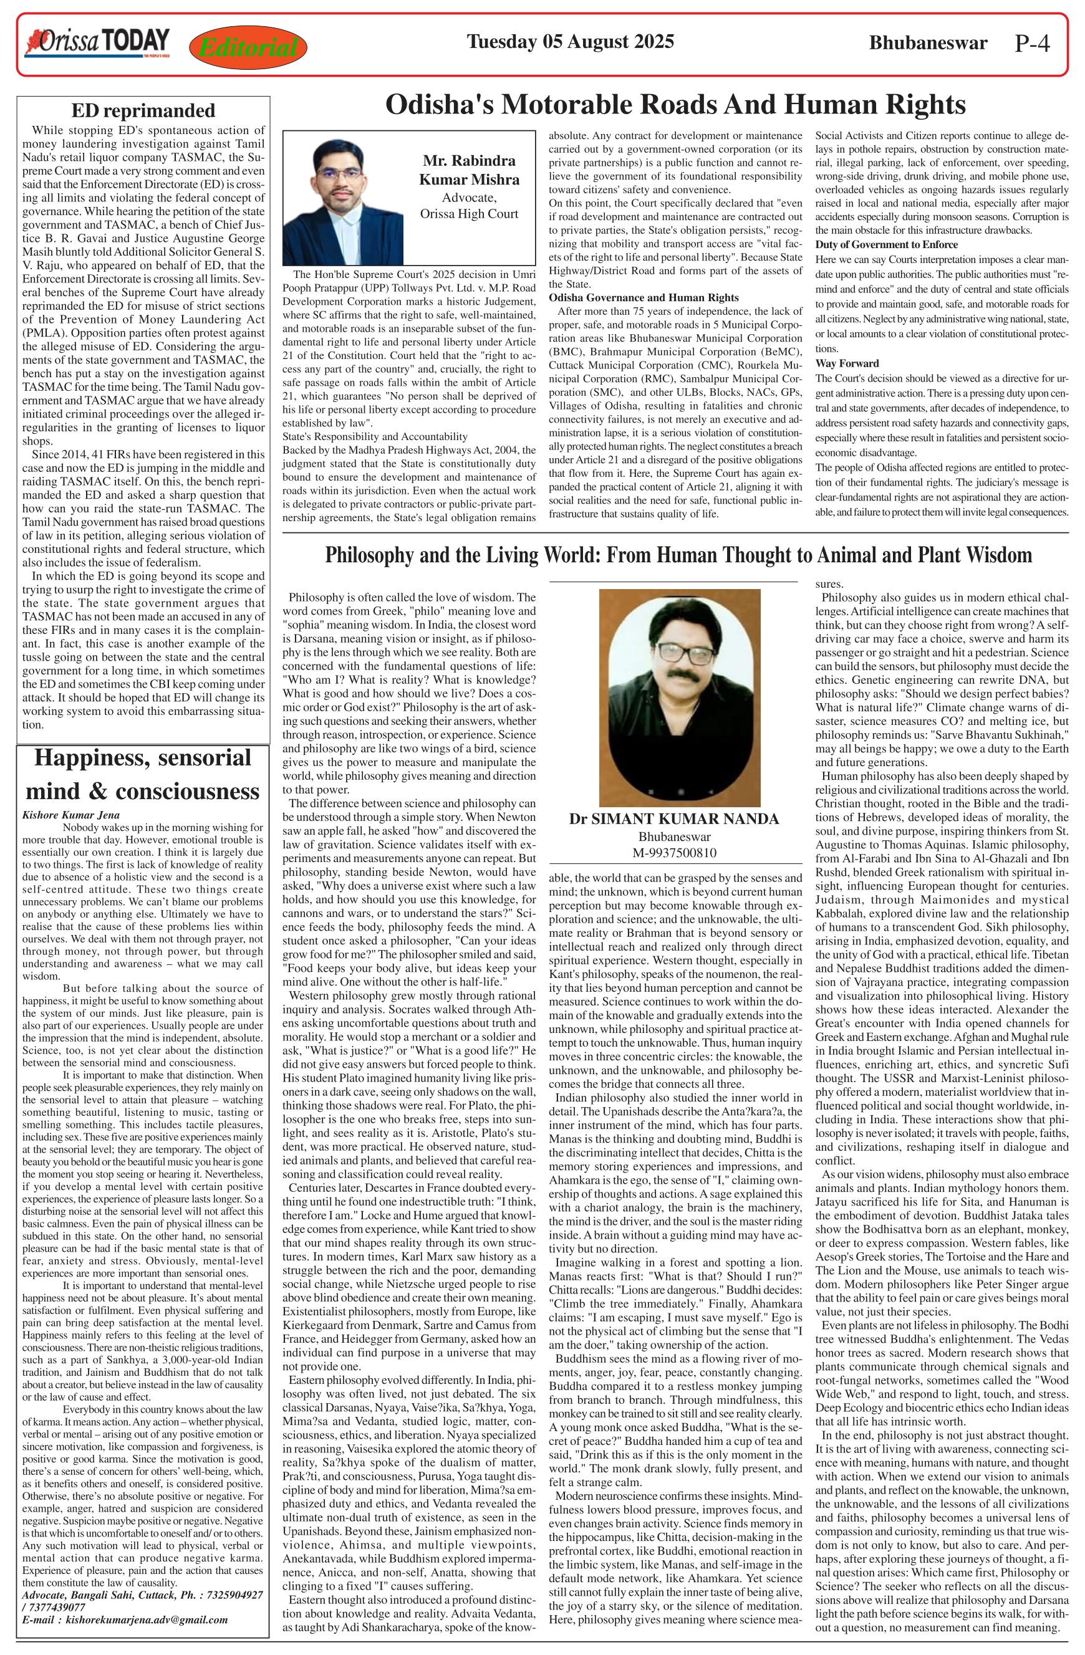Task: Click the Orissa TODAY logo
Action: coord(97,42)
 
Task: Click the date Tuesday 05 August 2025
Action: coord(570,42)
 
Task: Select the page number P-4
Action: coord(1031,44)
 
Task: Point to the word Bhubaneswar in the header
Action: coord(927,43)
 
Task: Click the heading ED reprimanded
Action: coord(143,110)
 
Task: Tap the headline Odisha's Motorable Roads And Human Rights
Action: coord(675,105)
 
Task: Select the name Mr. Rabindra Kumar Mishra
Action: coord(469,170)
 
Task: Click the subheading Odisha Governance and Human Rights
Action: coord(644,297)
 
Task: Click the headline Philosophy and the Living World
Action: coord(678,555)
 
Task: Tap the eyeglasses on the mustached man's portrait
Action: coord(679,652)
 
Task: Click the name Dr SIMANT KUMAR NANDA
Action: coord(673,818)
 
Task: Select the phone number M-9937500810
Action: coord(674,853)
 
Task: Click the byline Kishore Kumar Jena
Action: coord(70,815)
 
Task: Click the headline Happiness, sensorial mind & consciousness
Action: coord(143,774)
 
